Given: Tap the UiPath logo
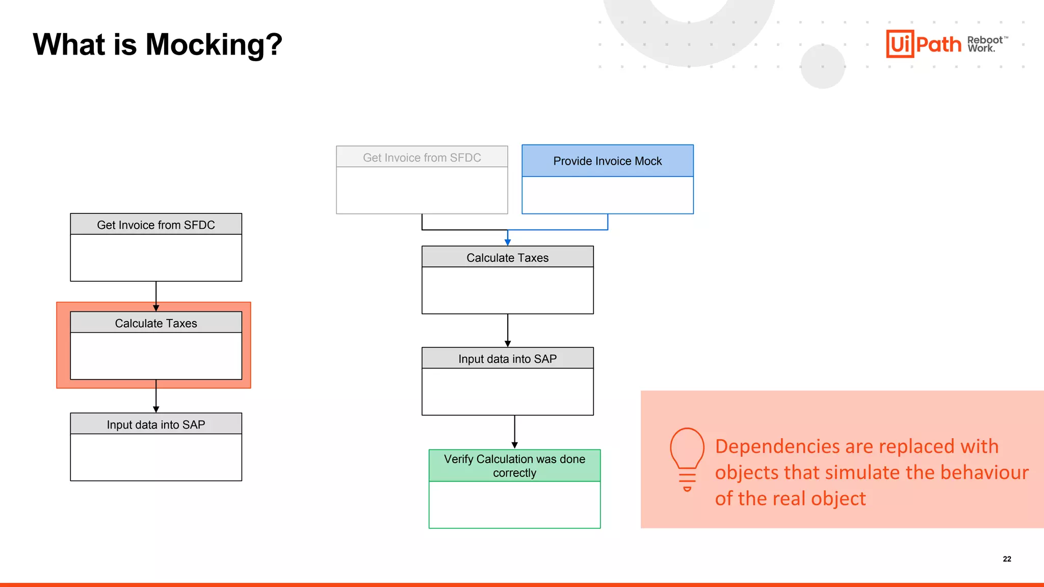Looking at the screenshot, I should pos(923,44).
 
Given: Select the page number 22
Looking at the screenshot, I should pos(1007,559).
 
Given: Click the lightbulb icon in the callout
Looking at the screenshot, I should pos(687,459).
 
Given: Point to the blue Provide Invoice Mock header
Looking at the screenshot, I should pos(607,161).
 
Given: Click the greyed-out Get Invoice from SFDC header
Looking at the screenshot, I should pos(422,157).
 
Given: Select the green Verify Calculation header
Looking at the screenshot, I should pos(514,466).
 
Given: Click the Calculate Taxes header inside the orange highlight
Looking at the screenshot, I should pos(155,323).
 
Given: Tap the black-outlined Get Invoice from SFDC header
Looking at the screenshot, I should pos(155,225).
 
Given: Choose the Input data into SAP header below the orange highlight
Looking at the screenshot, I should pos(155,424).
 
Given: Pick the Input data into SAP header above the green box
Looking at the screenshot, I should pos(507,359).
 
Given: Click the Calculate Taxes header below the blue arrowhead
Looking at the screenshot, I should pos(507,258).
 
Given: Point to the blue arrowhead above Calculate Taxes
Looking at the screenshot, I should pos(508,242).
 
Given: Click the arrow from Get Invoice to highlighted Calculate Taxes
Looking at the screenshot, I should pos(156,296).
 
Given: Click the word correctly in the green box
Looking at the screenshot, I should pos(514,473).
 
